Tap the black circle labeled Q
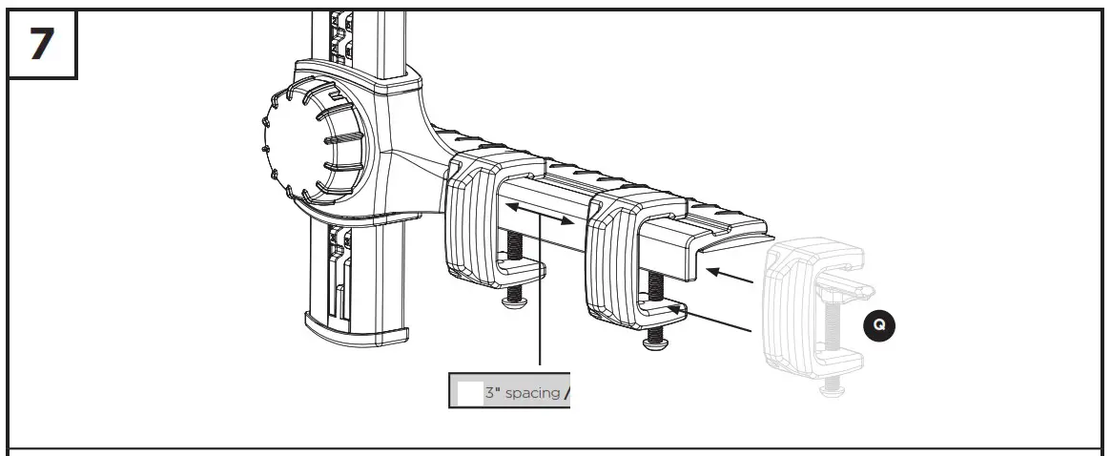(x=878, y=325)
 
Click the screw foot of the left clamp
(x=515, y=301)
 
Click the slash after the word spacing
(x=566, y=393)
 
